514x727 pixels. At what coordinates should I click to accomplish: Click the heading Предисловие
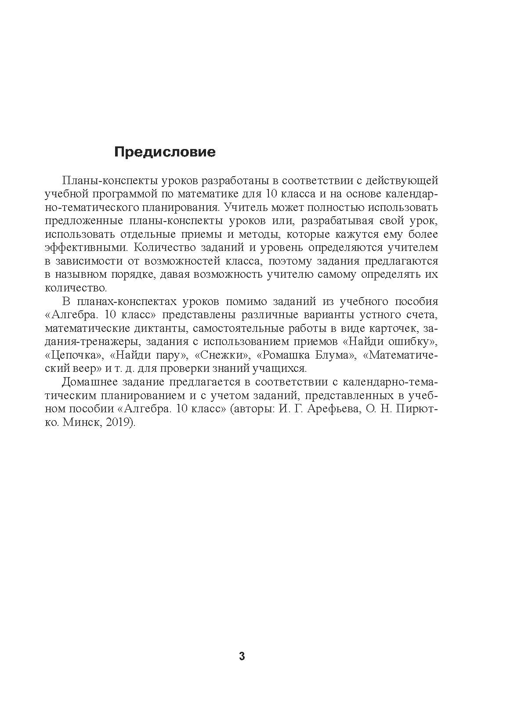165,152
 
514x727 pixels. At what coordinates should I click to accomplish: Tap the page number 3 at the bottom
242,657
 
